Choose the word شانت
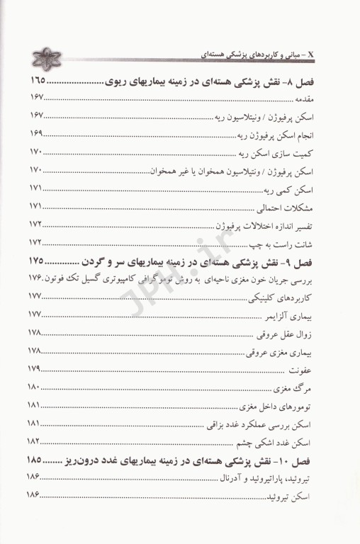click(x=324, y=243)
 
